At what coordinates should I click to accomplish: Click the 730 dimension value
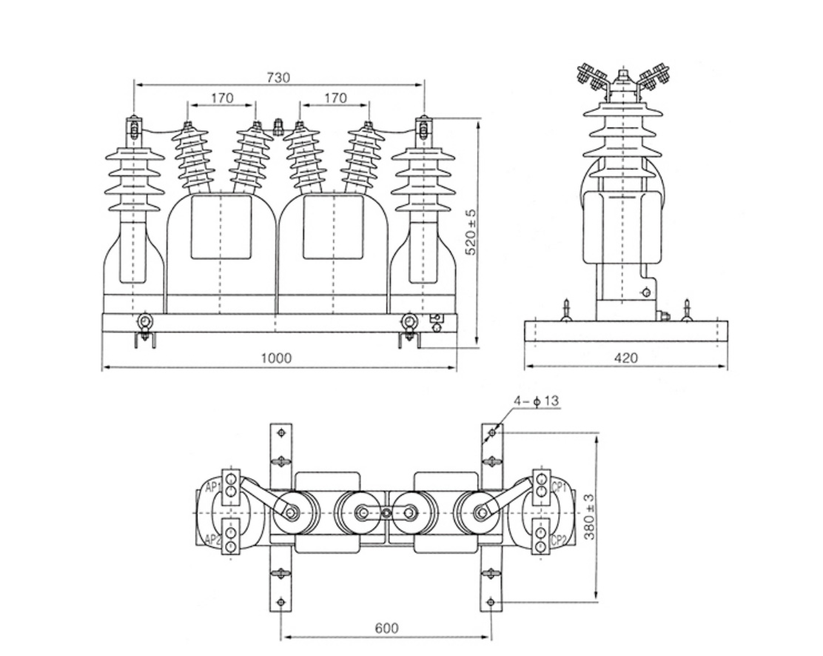tap(278, 77)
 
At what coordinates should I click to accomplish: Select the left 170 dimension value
tap(221, 98)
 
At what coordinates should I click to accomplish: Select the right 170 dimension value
tap(335, 98)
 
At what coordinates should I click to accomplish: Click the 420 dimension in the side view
tap(626, 358)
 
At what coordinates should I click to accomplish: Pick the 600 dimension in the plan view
tap(386, 628)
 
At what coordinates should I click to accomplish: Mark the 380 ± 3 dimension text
tap(590, 516)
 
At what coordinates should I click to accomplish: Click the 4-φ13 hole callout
tap(537, 401)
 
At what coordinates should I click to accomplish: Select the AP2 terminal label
tap(213, 540)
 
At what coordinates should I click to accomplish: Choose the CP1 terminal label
tap(560, 487)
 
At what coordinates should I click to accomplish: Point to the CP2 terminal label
tap(560, 540)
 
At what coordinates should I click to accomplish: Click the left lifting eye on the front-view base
tap(144, 321)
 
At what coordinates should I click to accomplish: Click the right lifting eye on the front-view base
tap(408, 321)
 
